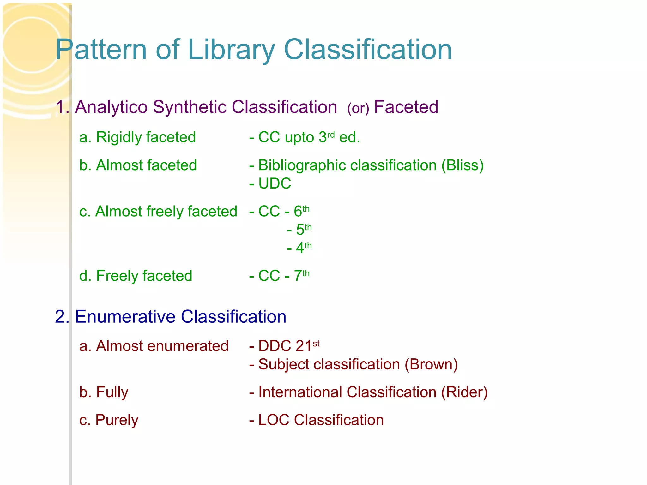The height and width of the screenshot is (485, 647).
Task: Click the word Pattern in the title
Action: pos(101,50)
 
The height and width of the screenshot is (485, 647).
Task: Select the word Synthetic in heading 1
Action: pos(188,107)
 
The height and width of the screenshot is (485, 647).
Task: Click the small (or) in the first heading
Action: pos(358,109)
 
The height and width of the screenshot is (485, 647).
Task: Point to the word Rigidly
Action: pos(118,138)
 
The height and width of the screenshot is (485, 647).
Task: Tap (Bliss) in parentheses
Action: pos(462,165)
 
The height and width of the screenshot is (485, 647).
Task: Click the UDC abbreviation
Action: pos(275,183)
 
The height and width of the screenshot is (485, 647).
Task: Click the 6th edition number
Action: pos(301,211)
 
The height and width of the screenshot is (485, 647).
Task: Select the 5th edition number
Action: pos(303,230)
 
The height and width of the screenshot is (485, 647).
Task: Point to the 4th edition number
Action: pos(303,248)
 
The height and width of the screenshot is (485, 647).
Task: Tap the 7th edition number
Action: pos(301,276)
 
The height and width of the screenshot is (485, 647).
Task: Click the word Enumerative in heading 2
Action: pos(125,317)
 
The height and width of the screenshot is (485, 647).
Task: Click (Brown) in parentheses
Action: pos(431,364)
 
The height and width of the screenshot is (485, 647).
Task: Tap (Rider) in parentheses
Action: pos(464,392)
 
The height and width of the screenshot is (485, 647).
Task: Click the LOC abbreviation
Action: pos(274,420)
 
